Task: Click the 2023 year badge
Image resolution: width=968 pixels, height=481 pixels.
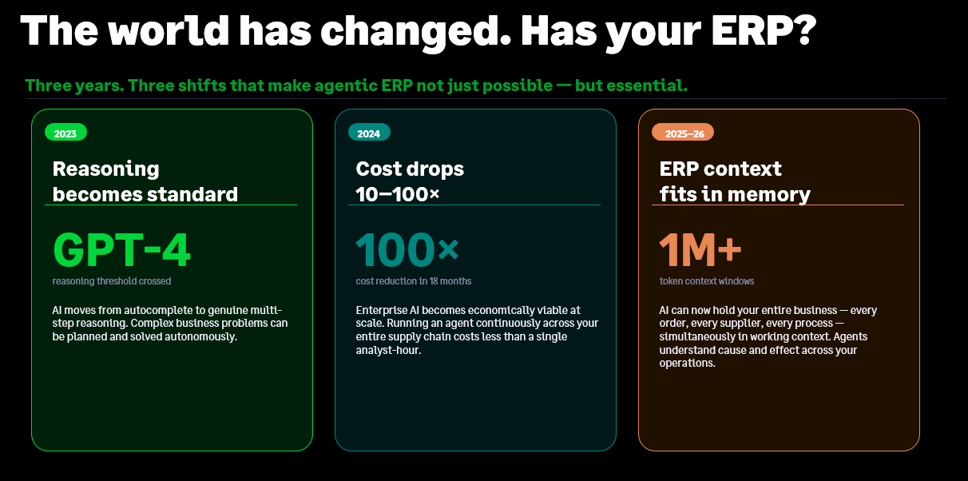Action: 65,133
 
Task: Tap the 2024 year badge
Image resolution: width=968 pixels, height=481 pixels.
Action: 369,133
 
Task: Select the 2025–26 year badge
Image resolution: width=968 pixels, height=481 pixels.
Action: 683,133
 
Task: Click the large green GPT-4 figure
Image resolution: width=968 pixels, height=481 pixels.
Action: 121,250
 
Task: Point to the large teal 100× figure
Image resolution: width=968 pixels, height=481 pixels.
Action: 407,250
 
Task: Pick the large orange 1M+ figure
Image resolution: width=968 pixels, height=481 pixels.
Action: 700,250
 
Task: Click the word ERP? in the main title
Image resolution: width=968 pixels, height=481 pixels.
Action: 764,30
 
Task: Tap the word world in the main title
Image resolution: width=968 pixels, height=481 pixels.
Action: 169,30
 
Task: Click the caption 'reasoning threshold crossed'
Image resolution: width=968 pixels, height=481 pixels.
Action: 112,281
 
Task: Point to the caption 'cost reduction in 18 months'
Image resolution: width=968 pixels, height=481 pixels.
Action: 414,281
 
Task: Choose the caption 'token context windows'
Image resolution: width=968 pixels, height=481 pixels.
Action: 707,281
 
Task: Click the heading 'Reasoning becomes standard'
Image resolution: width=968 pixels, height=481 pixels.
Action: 145,181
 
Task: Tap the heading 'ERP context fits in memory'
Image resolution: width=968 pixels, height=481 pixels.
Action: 735,181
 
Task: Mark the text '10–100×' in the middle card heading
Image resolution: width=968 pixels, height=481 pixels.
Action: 398,194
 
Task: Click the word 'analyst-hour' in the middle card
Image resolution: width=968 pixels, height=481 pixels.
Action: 387,350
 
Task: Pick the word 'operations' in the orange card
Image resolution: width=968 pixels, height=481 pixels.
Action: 686,364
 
